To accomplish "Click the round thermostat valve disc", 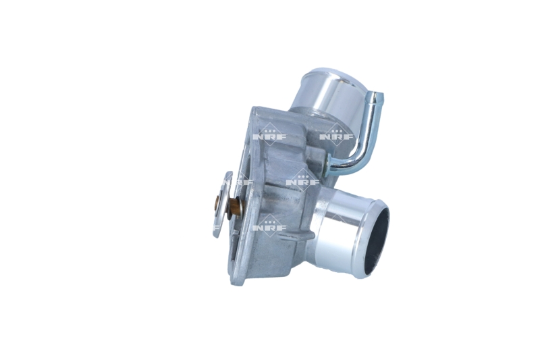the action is (221, 205).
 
